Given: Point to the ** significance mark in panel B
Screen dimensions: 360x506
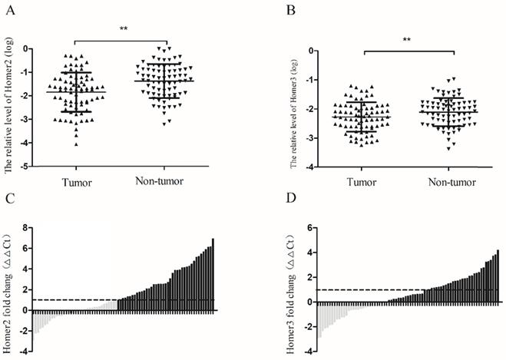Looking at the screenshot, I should (409, 38).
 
